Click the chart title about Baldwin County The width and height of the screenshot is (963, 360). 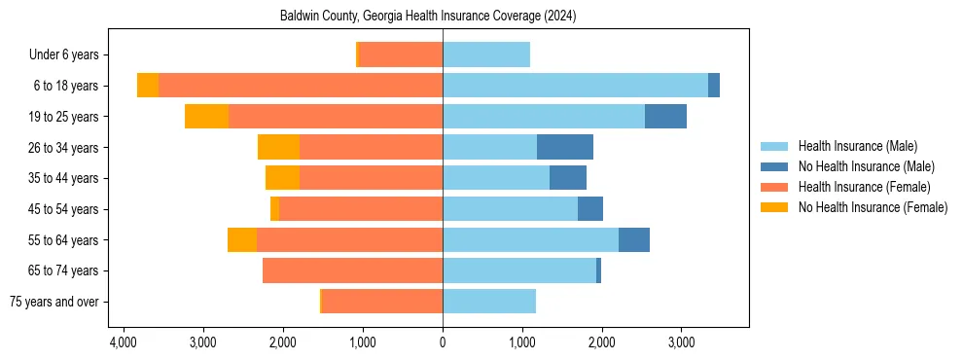(x=443, y=17)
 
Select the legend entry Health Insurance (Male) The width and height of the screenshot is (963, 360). (x=857, y=146)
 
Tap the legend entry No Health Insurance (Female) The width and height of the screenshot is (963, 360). (x=873, y=207)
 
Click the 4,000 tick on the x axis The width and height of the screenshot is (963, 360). (x=124, y=342)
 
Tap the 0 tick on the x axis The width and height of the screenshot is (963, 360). (x=443, y=342)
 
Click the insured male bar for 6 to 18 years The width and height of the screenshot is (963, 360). (x=575, y=86)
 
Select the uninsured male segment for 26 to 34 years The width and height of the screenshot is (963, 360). (x=565, y=147)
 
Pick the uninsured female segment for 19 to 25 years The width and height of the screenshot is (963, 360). (x=206, y=117)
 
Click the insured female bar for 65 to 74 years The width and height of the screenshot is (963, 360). (x=352, y=270)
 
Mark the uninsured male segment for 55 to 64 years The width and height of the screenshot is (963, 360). (x=634, y=239)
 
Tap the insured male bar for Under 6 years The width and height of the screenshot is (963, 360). (x=486, y=54)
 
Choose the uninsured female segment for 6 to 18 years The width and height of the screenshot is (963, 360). (x=148, y=86)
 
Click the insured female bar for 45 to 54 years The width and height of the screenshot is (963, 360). (x=361, y=209)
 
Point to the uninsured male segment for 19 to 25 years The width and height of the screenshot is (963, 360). (x=665, y=117)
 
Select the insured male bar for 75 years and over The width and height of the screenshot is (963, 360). (x=489, y=302)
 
